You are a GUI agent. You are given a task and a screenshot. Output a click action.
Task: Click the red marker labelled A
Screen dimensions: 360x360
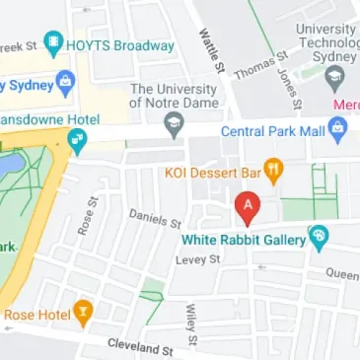point(249,208)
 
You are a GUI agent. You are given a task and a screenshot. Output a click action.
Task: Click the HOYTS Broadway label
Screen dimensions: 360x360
point(122,45)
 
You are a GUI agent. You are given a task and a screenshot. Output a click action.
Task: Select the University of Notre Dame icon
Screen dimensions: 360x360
point(175,124)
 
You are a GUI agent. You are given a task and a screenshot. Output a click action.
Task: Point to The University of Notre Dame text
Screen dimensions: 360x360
point(183,97)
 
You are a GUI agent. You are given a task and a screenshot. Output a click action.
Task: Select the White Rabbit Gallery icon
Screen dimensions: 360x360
point(319,237)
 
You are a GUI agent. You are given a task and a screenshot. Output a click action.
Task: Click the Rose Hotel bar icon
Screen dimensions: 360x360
point(84,314)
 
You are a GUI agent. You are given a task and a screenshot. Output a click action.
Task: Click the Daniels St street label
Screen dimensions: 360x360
point(156,218)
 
